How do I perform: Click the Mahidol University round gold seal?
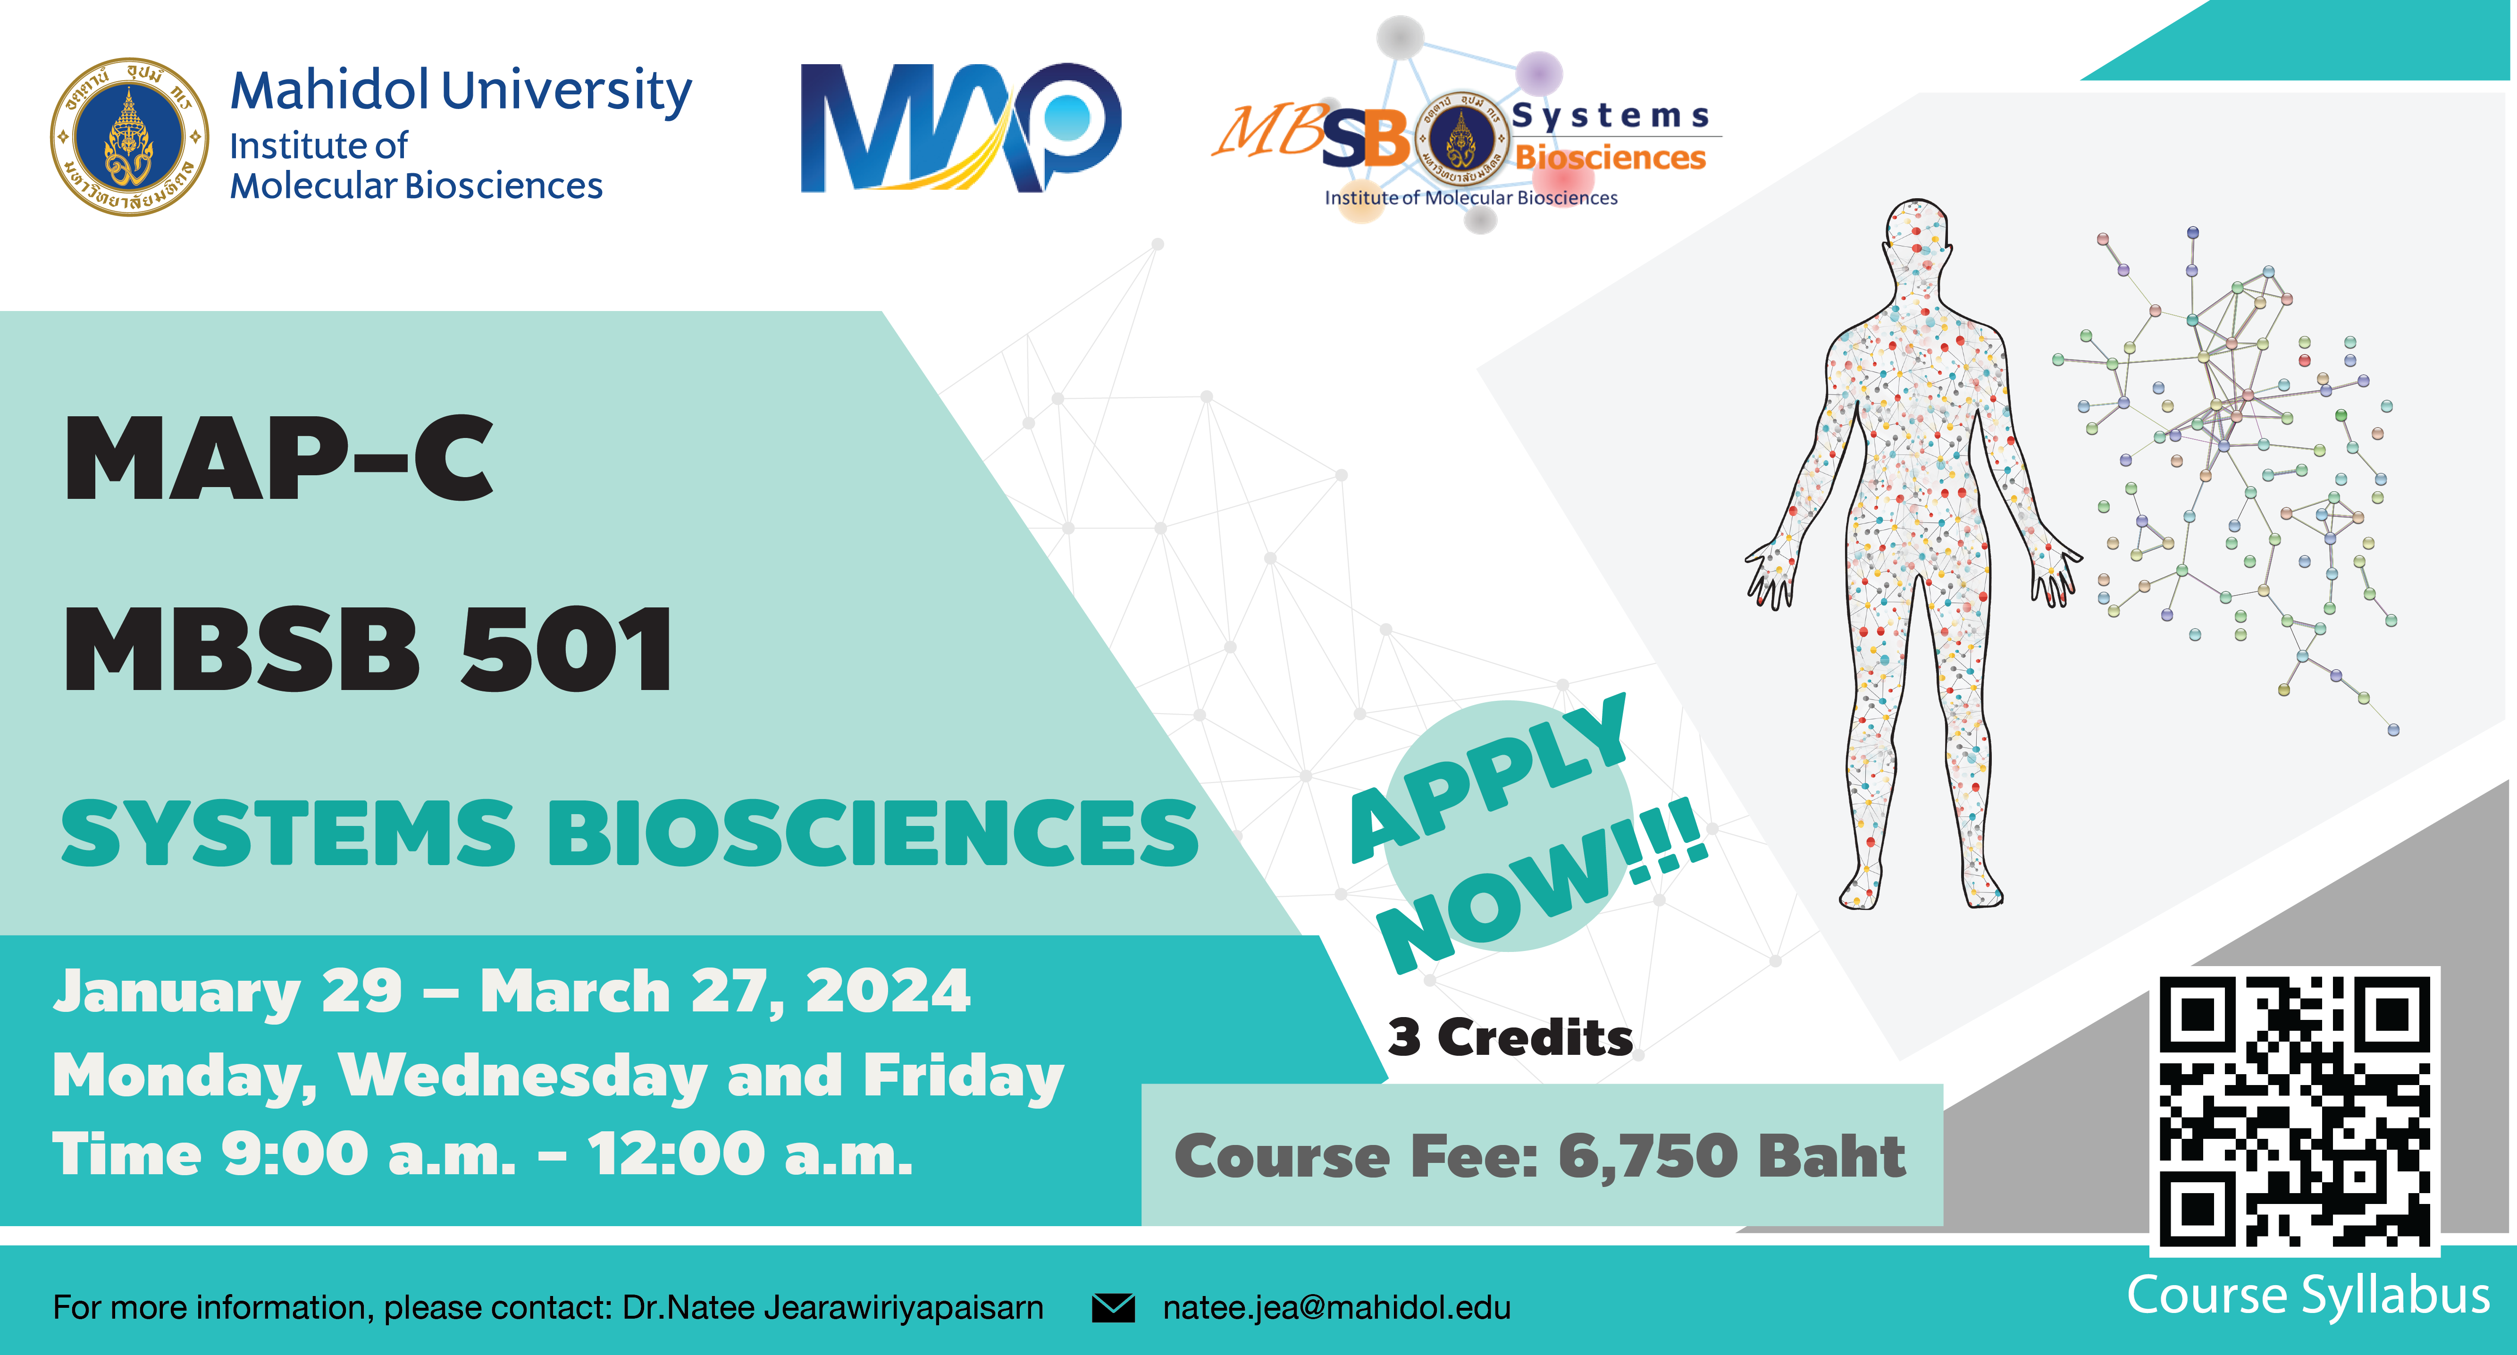(129, 137)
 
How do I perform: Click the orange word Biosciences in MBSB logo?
(1610, 157)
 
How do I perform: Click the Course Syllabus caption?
(2308, 1296)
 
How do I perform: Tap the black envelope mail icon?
(1113, 1307)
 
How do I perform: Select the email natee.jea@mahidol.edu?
(1337, 1307)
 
